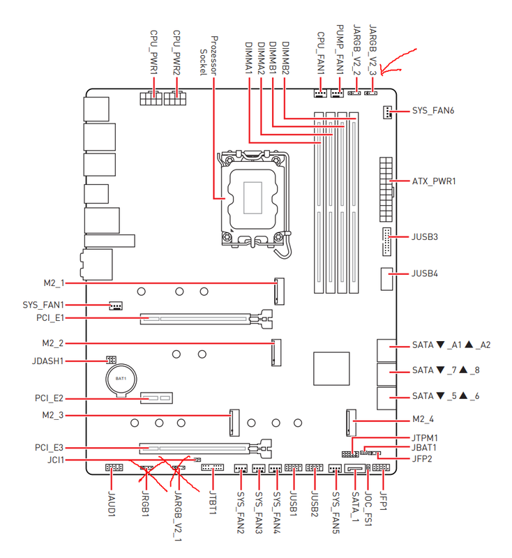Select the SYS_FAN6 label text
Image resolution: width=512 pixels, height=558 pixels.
(435, 112)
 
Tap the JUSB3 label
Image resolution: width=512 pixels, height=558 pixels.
(426, 237)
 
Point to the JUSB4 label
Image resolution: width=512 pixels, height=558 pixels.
(426, 273)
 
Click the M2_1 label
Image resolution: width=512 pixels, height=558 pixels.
(53, 283)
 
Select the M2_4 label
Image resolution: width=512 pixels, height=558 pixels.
(423, 421)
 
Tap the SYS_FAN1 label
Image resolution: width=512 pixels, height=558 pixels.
(43, 305)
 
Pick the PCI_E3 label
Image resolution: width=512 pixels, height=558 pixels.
(49, 447)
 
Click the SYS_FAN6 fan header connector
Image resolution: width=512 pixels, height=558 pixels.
(386, 112)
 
